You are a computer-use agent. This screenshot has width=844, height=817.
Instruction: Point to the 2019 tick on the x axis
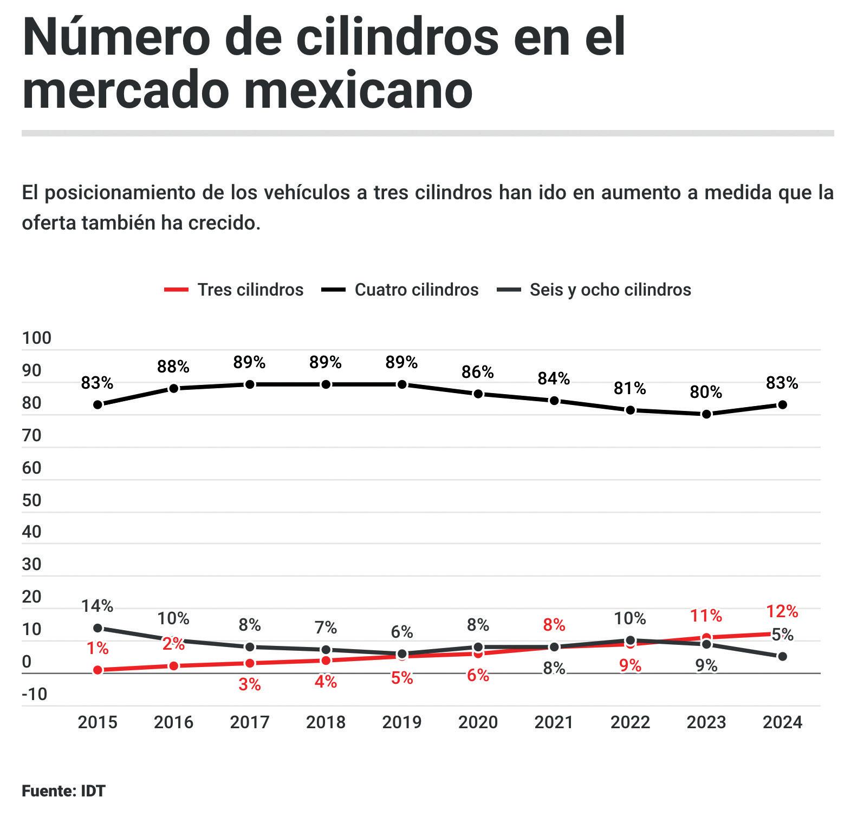[402, 722]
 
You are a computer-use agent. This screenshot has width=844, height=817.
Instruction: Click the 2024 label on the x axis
[782, 722]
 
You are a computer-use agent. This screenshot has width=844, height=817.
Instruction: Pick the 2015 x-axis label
[98, 722]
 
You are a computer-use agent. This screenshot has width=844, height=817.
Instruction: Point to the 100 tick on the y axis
[36, 338]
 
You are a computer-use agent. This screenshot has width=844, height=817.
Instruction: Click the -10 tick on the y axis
[35, 694]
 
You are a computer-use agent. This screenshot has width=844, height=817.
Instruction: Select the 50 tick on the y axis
[32, 500]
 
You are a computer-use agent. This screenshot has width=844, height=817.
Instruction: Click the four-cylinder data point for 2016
[174, 388]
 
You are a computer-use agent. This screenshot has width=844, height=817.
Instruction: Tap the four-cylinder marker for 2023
[706, 414]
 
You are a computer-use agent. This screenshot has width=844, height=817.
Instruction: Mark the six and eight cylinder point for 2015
[98, 628]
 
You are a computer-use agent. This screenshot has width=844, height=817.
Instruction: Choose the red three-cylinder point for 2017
[250, 663]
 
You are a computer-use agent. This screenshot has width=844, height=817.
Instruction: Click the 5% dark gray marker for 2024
[782, 657]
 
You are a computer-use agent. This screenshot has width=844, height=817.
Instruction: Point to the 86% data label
[477, 372]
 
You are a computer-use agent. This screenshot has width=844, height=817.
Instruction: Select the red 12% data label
[782, 612]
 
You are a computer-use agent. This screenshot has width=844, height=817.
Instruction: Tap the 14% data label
[98, 606]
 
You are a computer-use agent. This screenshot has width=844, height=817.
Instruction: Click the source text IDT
[93, 791]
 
